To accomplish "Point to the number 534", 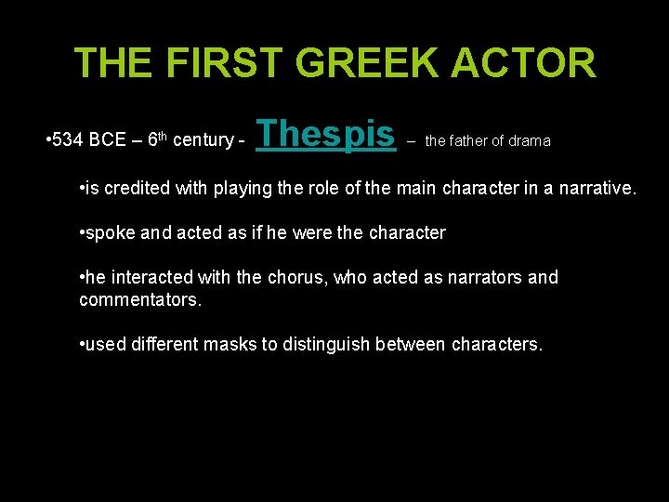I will pos(68,140).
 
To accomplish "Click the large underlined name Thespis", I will pos(325,135).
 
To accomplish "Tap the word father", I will pos(470,141).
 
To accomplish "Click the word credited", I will pos(138,190).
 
